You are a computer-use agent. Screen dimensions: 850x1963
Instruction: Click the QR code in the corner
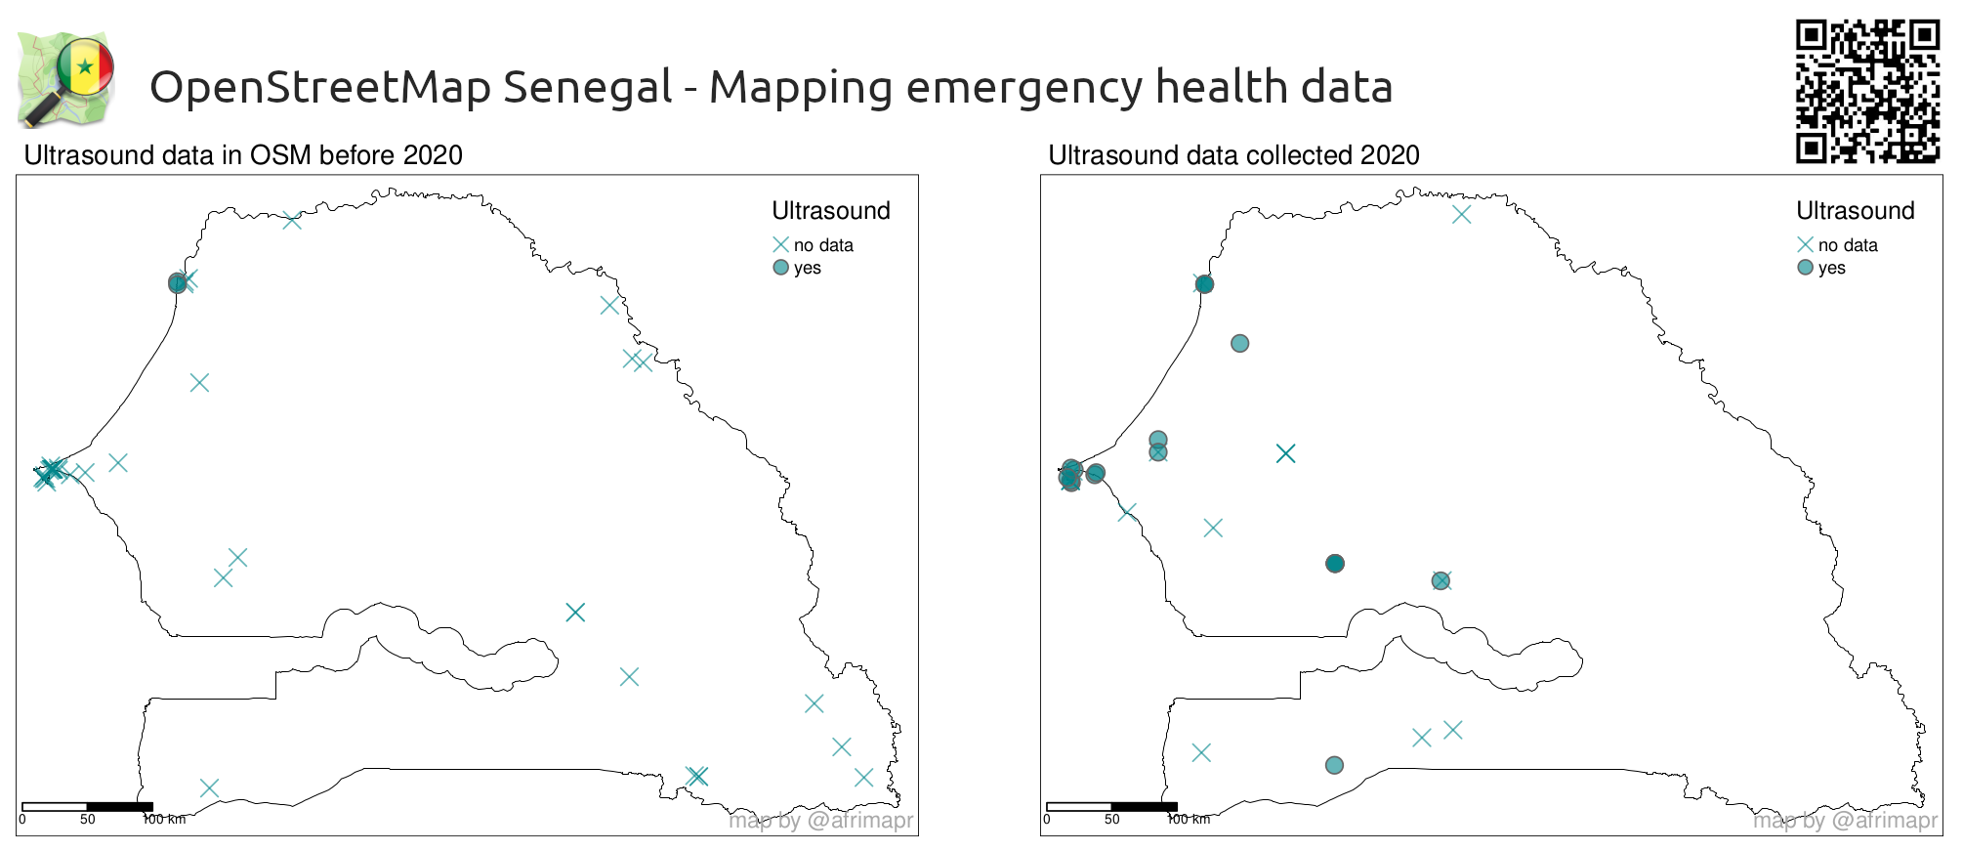[1866, 90]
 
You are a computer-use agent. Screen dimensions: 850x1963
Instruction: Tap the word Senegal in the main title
[587, 87]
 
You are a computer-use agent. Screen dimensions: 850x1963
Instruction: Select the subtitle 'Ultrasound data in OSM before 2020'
[242, 155]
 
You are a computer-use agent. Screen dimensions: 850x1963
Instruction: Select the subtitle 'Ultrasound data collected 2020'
[1232, 155]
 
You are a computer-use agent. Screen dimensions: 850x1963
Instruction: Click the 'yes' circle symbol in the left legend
[780, 268]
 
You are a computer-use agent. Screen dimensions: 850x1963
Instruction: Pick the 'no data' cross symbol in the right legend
[1805, 244]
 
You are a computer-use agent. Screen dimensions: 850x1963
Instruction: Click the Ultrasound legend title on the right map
[1855, 211]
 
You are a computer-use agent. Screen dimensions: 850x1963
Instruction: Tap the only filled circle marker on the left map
[177, 283]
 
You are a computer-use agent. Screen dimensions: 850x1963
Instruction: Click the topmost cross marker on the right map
[1461, 214]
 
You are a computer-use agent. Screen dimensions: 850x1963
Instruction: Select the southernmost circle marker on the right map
[1334, 765]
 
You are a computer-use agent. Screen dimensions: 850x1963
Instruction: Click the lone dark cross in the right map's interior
[1285, 453]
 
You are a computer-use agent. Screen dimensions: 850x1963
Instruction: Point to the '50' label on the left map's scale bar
[88, 820]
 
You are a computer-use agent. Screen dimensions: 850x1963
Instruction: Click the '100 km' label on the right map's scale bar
[1189, 820]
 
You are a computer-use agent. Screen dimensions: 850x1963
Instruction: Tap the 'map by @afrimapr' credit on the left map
[820, 821]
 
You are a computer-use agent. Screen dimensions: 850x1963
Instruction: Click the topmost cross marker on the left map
[292, 220]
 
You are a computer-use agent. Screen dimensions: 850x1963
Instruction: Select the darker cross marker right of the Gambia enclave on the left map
[575, 613]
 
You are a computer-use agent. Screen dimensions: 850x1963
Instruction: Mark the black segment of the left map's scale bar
[119, 807]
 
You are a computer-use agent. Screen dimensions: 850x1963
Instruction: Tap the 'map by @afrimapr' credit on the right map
[1845, 821]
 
